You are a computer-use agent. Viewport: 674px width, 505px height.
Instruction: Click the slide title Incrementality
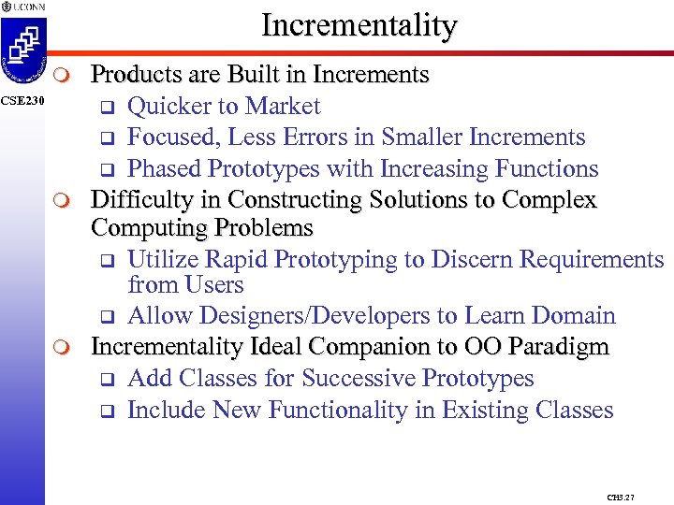(x=359, y=25)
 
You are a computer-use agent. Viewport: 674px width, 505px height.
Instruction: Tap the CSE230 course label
(x=22, y=100)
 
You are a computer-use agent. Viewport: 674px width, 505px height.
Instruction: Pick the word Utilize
(x=162, y=259)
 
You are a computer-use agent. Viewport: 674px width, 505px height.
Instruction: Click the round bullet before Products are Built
(x=61, y=75)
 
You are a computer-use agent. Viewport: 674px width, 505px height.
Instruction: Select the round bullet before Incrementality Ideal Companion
(x=61, y=348)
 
